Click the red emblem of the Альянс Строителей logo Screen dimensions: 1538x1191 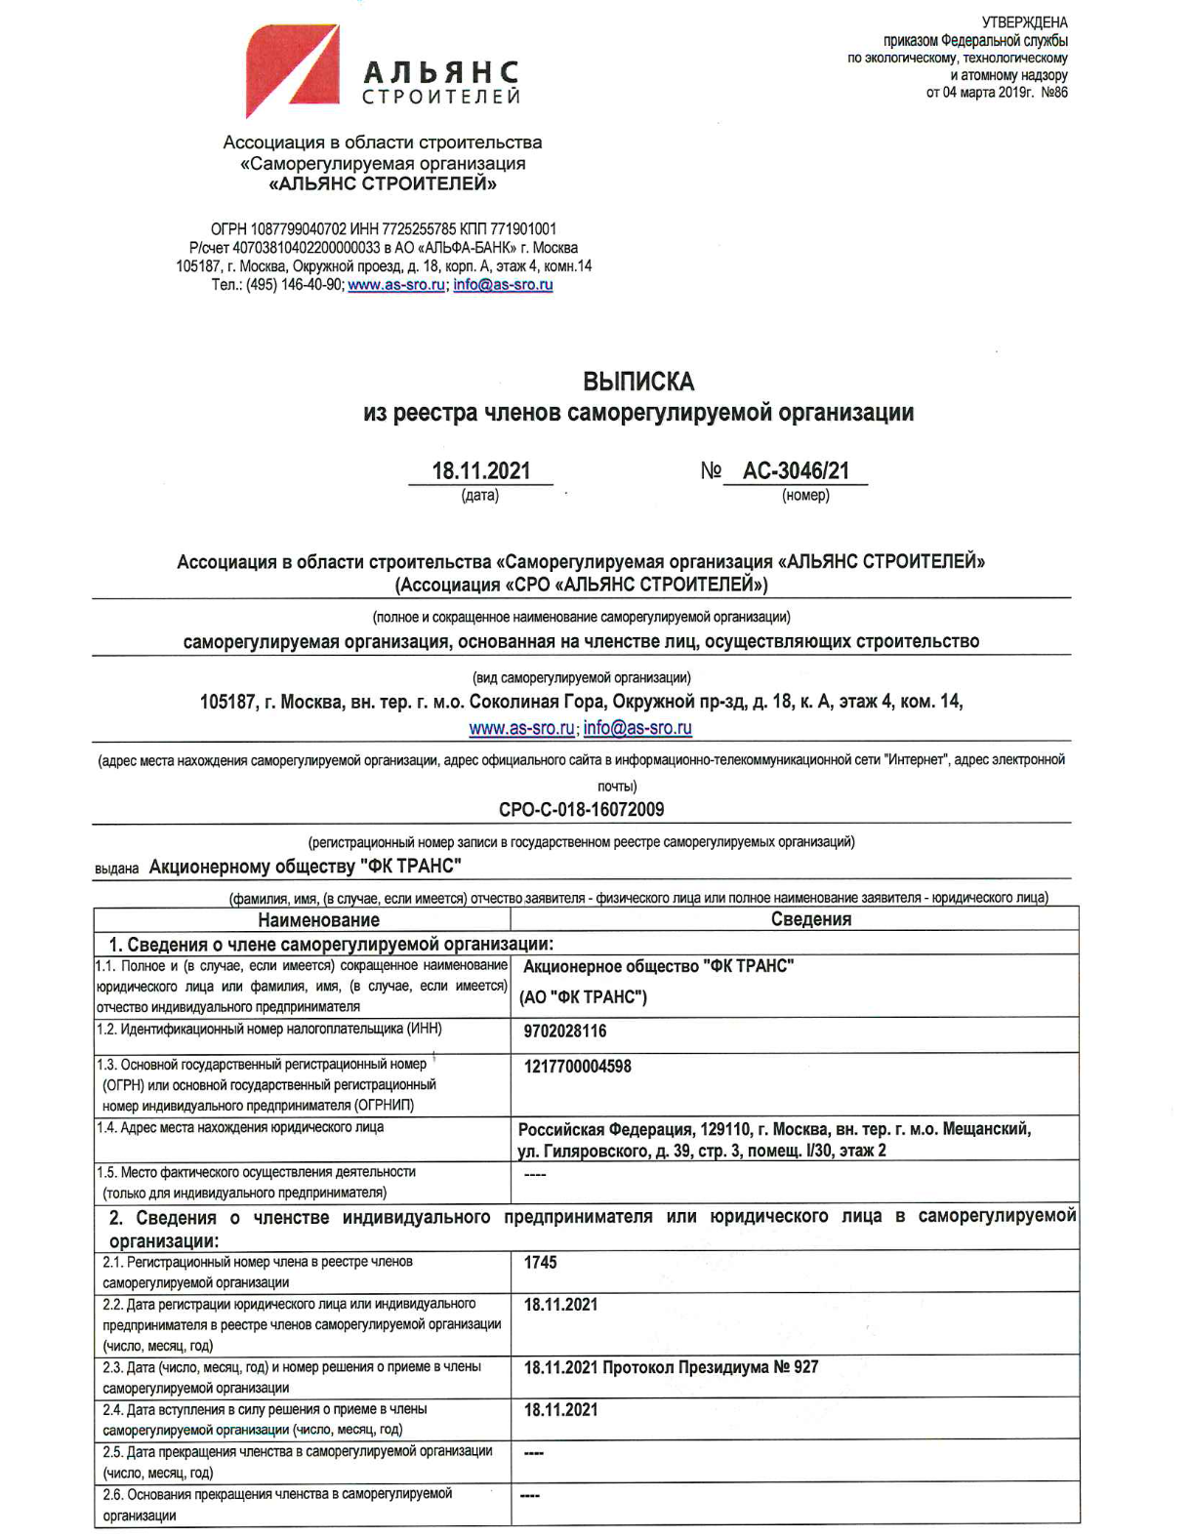291,69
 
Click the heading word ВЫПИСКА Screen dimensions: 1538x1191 638,381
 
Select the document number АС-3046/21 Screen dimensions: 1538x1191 796,470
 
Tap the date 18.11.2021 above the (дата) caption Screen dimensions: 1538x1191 481,470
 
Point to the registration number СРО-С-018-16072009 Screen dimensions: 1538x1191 581,809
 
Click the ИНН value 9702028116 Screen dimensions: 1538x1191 564,1031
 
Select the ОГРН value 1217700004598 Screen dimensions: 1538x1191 577,1067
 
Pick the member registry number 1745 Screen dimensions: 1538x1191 540,1262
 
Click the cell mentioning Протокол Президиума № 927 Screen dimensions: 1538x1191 671,1367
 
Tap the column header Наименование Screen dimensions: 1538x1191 318,919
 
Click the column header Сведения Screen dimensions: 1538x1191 810,918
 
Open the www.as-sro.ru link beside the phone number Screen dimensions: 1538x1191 396,285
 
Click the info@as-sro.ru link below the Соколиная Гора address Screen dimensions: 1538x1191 637,728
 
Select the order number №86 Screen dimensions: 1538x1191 1054,93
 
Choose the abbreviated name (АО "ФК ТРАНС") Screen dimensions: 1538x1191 583,997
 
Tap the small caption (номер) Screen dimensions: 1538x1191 805,495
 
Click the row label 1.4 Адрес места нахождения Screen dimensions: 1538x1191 240,1127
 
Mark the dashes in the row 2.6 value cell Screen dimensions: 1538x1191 529,1495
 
